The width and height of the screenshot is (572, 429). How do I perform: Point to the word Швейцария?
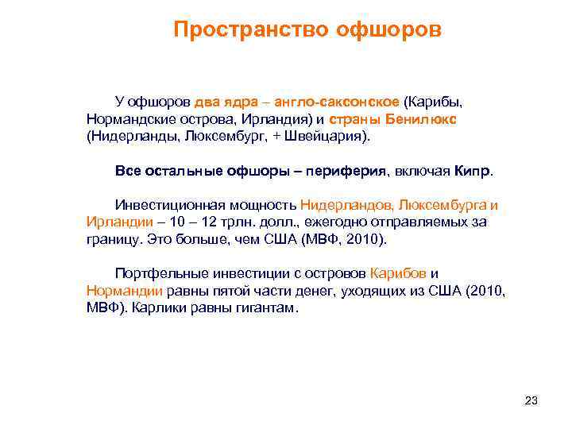325,136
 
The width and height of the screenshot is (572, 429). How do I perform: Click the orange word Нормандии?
123,291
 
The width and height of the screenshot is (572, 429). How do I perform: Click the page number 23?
531,400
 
